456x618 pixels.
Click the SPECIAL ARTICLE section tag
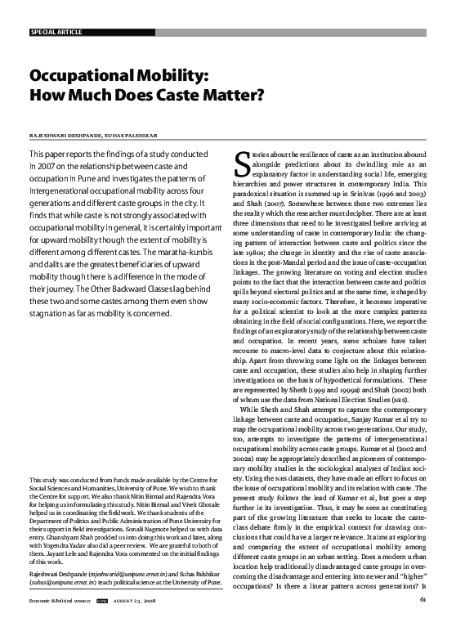coord(57,32)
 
